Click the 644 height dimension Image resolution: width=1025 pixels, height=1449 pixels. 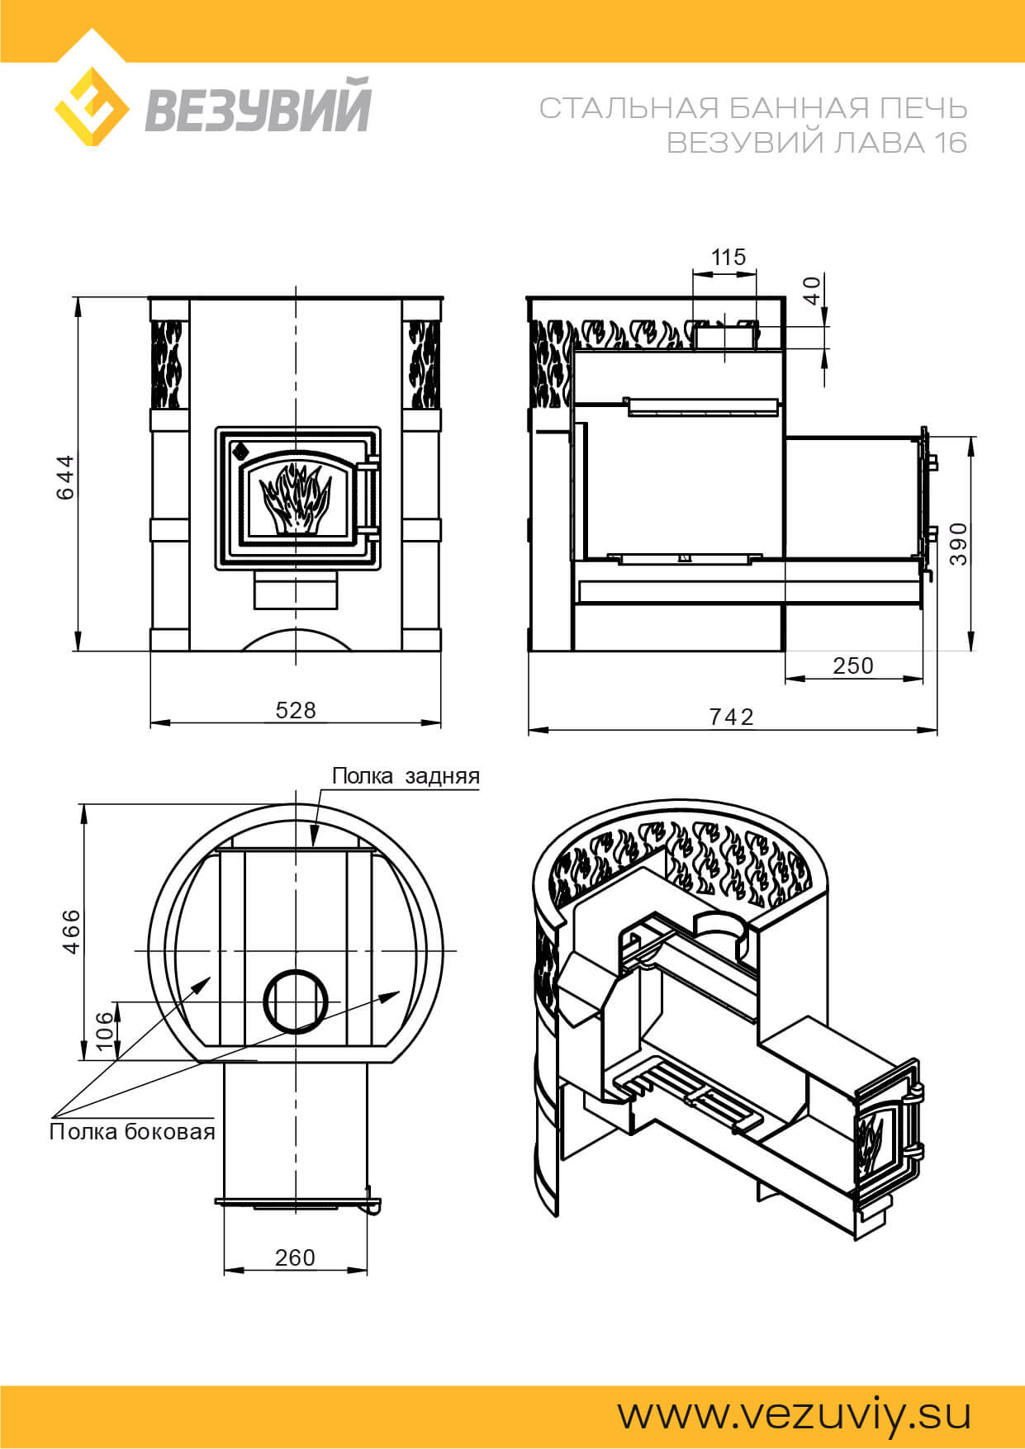pos(65,476)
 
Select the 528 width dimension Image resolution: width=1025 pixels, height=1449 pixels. pos(296,710)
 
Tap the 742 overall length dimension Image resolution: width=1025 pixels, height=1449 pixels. pos(732,717)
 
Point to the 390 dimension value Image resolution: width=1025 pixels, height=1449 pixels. pos(958,543)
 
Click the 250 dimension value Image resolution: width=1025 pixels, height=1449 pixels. pos(853,665)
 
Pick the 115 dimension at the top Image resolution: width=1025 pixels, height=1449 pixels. pos(728,257)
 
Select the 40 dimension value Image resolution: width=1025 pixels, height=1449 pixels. pos(813,291)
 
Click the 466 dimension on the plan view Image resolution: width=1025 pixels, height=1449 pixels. pos(72,931)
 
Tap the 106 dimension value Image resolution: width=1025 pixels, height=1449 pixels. pos(105,1030)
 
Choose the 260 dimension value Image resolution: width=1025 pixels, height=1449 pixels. pos(295,1257)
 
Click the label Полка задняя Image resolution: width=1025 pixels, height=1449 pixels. pos(406,776)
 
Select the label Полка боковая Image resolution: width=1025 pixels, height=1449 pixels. pos(132,1131)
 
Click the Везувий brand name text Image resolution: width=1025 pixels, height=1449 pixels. pos(258,105)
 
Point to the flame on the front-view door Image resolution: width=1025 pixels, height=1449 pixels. pos(294,499)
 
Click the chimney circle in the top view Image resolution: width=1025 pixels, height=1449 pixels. pos(301,1000)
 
